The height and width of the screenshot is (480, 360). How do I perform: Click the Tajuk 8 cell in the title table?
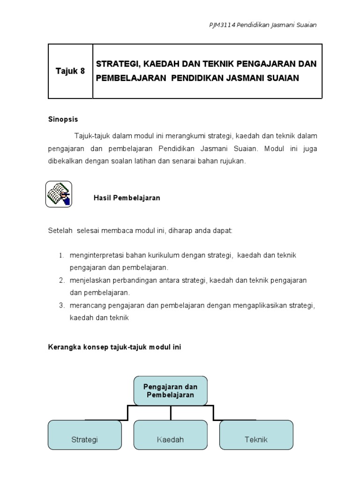coord(70,71)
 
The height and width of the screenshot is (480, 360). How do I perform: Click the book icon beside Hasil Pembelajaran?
coord(59,194)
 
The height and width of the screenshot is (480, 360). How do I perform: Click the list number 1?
coord(61,255)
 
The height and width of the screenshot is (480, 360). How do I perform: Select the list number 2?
coord(61,280)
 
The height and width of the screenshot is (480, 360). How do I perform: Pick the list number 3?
coord(61,306)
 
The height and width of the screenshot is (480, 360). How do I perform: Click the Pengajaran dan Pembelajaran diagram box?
coord(171,391)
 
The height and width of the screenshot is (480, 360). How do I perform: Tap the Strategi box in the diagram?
coord(84,435)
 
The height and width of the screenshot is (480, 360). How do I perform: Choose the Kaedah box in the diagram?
coord(171,435)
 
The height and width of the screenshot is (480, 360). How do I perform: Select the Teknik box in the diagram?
coord(256,435)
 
